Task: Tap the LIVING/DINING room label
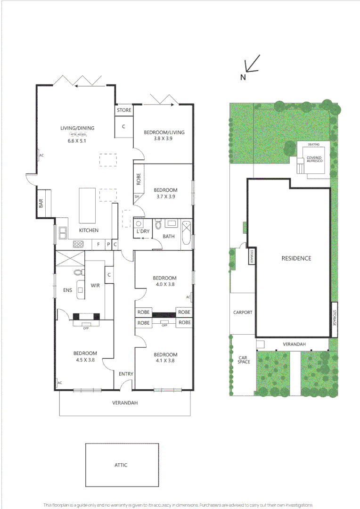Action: pos(77,128)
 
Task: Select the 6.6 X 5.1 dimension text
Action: pos(77,140)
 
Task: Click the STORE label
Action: pos(124,110)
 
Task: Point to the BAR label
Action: pos(41,204)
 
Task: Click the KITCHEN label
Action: pos(89,230)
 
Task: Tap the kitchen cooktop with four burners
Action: pos(78,244)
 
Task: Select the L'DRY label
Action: pos(143,232)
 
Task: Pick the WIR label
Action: pos(95,286)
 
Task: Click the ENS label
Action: pos(68,290)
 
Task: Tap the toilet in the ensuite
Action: pos(78,272)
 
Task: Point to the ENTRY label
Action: pos(126,374)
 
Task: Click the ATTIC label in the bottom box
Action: pos(121,465)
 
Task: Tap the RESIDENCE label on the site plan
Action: pos(296,258)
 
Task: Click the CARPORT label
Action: pos(243,312)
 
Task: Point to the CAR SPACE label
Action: pos(243,360)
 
